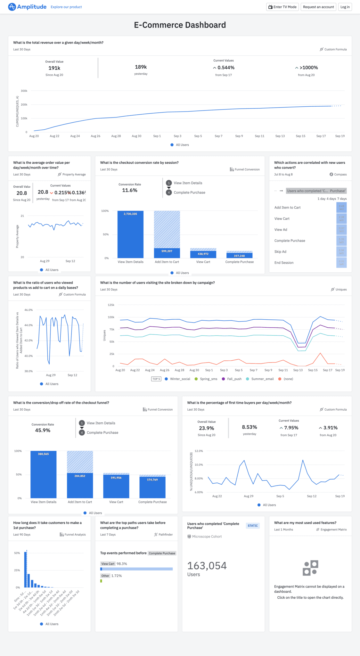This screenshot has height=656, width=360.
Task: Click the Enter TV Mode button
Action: click(282, 7)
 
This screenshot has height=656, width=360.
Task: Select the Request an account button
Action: click(318, 7)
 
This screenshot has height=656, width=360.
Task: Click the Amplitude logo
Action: click(28, 7)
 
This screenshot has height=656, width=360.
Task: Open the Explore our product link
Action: click(66, 7)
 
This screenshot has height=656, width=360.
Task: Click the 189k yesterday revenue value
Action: click(141, 67)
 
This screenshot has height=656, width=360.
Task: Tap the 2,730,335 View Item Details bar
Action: click(130, 234)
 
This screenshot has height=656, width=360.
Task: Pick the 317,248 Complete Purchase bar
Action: click(239, 256)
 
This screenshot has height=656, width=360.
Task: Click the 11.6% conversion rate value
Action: click(130, 190)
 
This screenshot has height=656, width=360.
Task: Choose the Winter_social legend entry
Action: click(180, 379)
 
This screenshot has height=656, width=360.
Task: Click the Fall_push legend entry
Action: click(234, 379)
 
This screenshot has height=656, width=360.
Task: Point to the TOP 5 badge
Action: click(156, 379)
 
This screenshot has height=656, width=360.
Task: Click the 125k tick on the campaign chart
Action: click(111, 305)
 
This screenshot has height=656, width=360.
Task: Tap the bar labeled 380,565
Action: click(44, 474)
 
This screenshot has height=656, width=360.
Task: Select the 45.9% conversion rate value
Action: click(43, 430)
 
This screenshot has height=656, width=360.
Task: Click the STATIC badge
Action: click(253, 526)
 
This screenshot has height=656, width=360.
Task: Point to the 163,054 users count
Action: click(207, 566)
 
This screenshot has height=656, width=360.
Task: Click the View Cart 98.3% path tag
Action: click(108, 564)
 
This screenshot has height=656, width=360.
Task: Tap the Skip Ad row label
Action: click(280, 252)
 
